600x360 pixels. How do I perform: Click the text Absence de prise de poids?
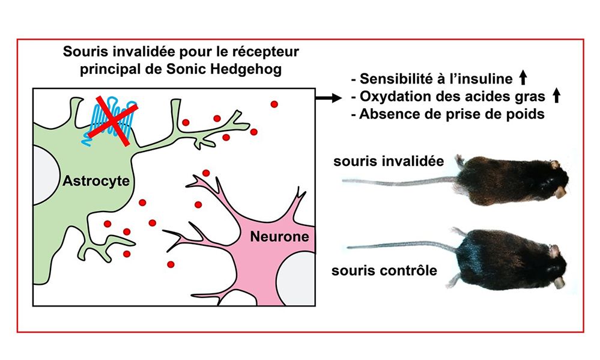[x=450, y=114]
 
